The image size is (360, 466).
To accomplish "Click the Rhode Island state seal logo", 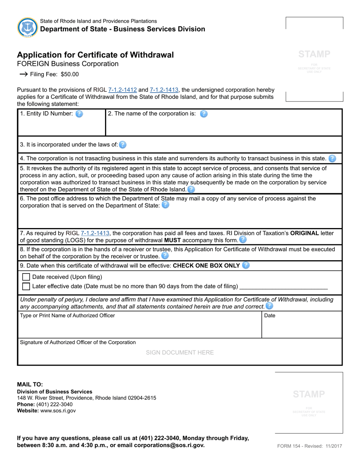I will pos(27,27).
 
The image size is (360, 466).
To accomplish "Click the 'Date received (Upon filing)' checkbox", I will pos(26,277).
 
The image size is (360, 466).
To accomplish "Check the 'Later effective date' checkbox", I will pos(26,286).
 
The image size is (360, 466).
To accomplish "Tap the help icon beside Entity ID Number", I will pos(79,114).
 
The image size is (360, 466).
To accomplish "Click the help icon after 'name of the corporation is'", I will pos(203,114).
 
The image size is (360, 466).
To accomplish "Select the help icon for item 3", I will pos(123,144).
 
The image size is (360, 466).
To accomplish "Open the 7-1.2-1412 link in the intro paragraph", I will pos(122,90).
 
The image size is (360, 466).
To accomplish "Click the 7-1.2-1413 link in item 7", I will pos(95,233).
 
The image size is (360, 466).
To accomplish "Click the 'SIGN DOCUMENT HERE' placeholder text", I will pos(180,352).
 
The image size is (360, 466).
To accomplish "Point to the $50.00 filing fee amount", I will pos(70,74).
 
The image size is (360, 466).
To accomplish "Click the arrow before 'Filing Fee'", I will pos(23,74).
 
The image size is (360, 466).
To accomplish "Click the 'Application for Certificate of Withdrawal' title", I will pos(95,55).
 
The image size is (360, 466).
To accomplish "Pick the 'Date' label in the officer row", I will pos(269,315).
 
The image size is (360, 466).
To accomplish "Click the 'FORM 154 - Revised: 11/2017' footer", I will pos(310,446).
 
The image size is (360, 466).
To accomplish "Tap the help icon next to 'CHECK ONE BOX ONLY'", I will pos(246,265).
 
